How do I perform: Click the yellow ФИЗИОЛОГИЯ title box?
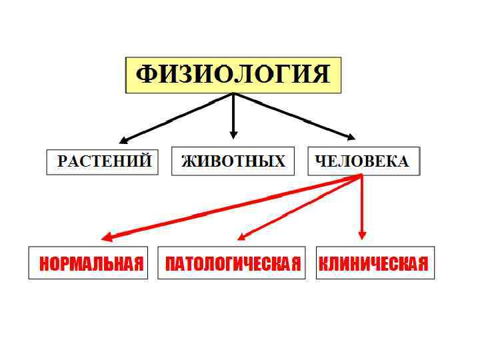[x=233, y=75]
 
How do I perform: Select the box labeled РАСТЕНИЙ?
[x=103, y=162]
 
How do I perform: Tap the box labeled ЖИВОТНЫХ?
[x=233, y=162]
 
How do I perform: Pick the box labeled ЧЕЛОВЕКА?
[x=363, y=161]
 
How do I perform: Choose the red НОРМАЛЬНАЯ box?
[x=88, y=263]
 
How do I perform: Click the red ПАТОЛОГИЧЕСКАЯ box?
[x=231, y=263]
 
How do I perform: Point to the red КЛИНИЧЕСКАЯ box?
[x=375, y=263]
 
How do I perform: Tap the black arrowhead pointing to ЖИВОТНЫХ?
[x=233, y=134]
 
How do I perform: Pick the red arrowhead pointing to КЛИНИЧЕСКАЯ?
[x=362, y=235]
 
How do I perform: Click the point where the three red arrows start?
[x=362, y=176]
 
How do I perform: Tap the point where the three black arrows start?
[x=233, y=93]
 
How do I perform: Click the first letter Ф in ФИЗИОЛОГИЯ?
[x=145, y=74]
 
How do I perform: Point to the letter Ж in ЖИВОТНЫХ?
[x=188, y=162]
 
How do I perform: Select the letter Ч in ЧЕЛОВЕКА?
[x=319, y=162]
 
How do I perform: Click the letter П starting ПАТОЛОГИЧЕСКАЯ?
[x=170, y=264]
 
